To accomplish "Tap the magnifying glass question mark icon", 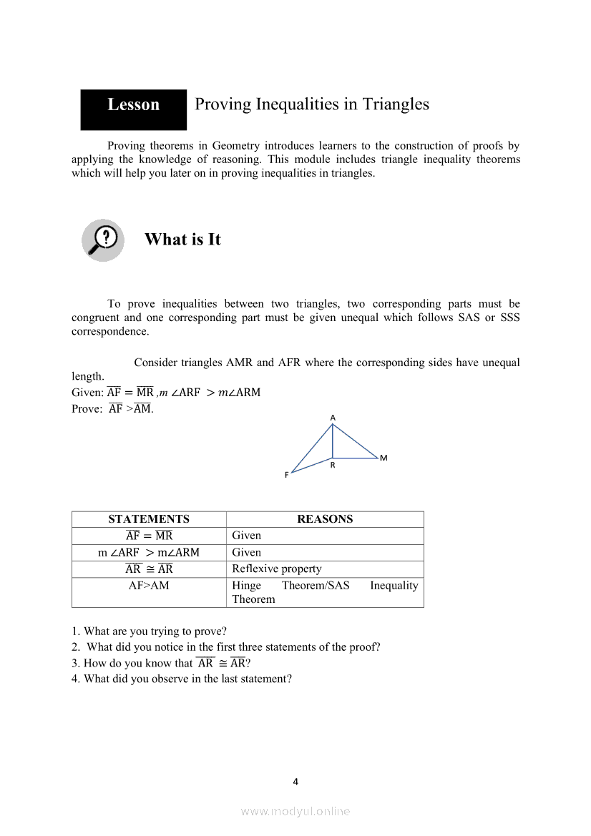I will (102, 240).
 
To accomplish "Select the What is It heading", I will (182, 240).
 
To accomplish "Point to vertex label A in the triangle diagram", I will (333, 417).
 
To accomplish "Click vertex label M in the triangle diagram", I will (384, 458).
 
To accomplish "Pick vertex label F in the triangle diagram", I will (287, 475).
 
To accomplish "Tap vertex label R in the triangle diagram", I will (333, 465).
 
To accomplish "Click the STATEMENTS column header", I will (149, 519).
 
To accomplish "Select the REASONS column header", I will (325, 519).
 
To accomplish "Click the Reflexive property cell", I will (277, 569).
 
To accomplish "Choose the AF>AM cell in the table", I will (149, 586).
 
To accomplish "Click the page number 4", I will (295, 782).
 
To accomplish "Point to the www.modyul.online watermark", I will (295, 811).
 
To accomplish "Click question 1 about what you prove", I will (149, 631).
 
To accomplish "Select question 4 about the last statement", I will (182, 679).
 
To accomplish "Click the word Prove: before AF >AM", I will (87, 409).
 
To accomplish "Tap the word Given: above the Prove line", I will (87, 393).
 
